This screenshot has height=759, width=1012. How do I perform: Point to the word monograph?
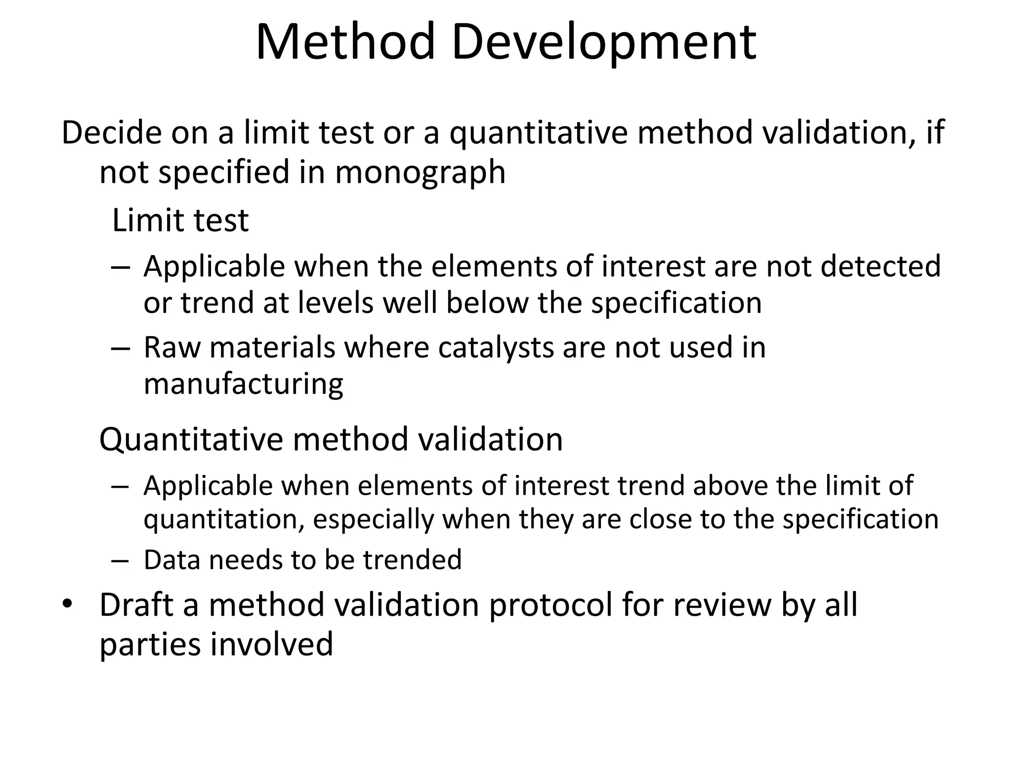(420, 173)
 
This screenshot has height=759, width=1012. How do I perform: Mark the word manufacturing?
(243, 384)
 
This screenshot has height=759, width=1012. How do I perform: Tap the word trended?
(413, 560)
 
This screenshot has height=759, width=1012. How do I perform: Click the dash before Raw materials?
(120, 347)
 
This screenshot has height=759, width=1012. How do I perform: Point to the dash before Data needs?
(120, 560)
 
